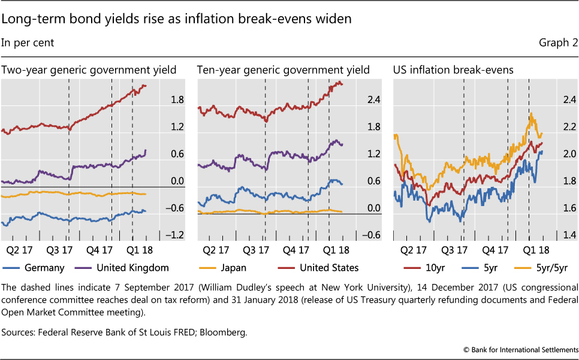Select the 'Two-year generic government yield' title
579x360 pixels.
click(89, 70)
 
